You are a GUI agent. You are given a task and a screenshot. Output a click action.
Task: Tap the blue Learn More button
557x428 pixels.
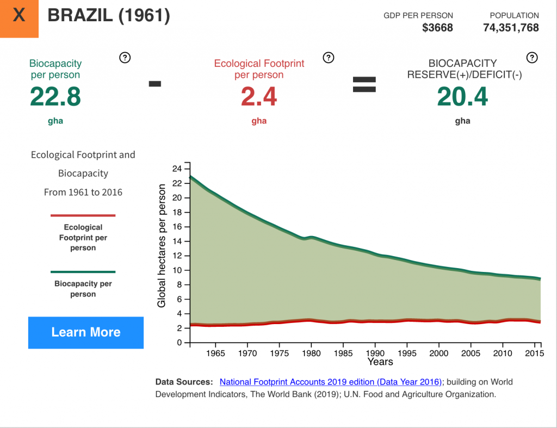click(86, 332)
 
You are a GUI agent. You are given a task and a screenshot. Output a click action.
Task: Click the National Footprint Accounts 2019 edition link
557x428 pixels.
click(331, 382)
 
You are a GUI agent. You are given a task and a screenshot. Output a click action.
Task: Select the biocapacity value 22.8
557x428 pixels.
click(55, 97)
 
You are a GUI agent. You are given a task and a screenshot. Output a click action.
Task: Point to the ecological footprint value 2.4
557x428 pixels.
click(259, 97)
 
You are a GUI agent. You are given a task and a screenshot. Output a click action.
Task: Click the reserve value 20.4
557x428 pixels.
click(462, 97)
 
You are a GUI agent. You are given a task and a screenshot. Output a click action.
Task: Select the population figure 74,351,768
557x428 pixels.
click(511, 28)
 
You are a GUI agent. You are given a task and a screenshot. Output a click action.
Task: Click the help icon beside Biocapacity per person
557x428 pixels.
click(125, 58)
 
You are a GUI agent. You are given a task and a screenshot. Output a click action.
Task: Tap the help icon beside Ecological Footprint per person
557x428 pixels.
click(328, 58)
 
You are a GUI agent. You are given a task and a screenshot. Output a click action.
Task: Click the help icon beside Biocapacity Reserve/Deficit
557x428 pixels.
click(532, 58)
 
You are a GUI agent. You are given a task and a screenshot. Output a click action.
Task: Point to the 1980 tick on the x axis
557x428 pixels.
click(311, 353)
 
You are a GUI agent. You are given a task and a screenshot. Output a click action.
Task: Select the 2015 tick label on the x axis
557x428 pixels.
click(535, 353)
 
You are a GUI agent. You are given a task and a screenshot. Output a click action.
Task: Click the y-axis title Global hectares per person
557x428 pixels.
click(162, 246)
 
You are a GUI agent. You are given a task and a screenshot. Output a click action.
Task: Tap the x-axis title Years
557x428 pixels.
click(380, 362)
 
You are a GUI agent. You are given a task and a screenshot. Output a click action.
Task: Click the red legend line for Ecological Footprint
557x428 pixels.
click(83, 215)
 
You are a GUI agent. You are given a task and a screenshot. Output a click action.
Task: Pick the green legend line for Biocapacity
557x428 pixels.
click(83, 271)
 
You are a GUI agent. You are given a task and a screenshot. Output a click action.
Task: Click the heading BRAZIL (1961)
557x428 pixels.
click(109, 16)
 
